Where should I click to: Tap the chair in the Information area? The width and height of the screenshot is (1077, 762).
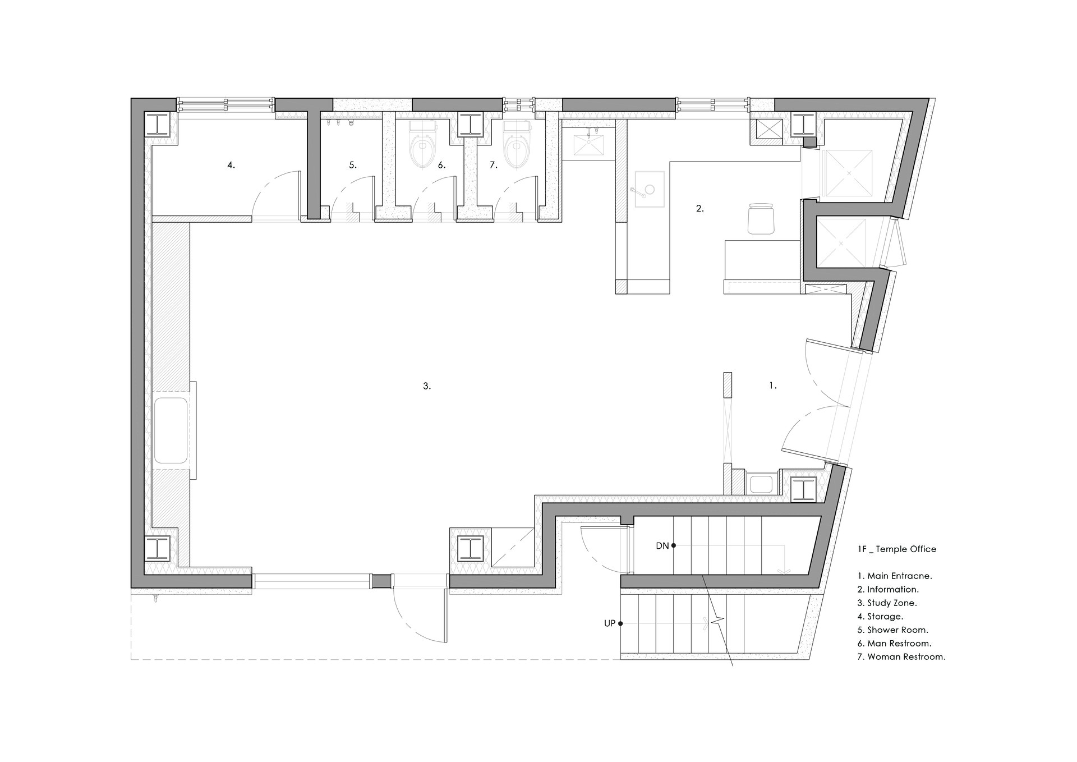pos(761,219)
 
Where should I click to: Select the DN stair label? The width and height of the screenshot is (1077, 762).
pos(662,545)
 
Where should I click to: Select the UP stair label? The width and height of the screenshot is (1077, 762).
pos(610,623)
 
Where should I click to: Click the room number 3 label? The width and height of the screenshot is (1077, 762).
pos(427,386)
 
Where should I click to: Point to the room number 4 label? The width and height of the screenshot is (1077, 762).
pos(231,165)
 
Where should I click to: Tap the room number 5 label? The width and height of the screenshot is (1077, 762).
pos(353,165)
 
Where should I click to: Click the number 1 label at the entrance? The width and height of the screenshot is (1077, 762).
pos(773,385)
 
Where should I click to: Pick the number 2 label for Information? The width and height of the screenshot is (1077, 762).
pos(700,208)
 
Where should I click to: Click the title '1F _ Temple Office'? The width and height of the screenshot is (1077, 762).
pos(896,549)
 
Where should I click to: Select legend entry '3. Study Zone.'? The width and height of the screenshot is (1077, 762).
pos(887,603)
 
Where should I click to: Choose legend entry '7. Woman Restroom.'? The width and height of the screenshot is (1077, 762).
pos(901,657)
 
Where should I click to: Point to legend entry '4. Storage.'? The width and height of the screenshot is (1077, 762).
pos(880,617)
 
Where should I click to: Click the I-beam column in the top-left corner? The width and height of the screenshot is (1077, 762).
pos(160,123)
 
